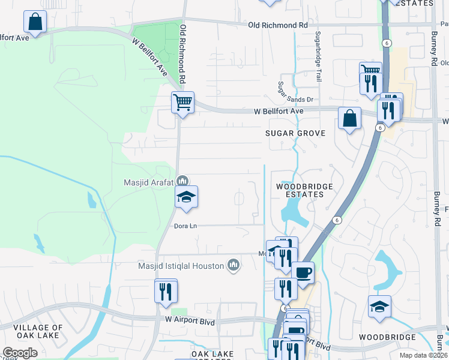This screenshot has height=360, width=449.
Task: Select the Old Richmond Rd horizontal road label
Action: pyautogui.click(x=277, y=25)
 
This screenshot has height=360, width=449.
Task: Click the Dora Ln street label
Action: pyautogui.click(x=185, y=226)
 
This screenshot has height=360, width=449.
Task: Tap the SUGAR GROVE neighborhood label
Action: pyautogui.click(x=295, y=133)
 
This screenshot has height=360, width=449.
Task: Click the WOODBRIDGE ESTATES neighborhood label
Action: pyautogui.click(x=304, y=190)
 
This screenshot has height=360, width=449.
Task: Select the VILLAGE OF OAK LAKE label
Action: pyautogui.click(x=37, y=332)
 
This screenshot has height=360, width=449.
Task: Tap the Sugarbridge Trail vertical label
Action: pyautogui.click(x=319, y=57)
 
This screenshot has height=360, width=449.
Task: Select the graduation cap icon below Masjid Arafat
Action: pyautogui.click(x=187, y=196)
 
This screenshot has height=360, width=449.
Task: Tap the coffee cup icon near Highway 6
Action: pyautogui.click(x=303, y=272)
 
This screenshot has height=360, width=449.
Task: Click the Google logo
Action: pyautogui.click(x=20, y=353)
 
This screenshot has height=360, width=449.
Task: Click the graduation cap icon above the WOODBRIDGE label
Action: pyautogui.click(x=379, y=306)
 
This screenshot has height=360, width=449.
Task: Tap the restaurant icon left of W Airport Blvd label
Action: pyautogui.click(x=166, y=291)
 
